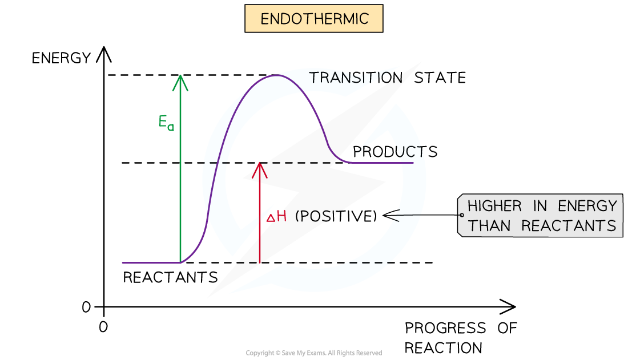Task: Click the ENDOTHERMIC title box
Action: click(x=313, y=19)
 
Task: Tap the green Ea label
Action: click(x=166, y=123)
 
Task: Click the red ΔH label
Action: click(x=276, y=216)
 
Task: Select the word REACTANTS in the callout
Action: click(x=569, y=226)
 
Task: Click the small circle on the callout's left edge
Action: click(x=461, y=215)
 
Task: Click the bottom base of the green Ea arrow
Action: click(x=180, y=262)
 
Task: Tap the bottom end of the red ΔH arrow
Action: click(x=260, y=262)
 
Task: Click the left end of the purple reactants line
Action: click(x=123, y=262)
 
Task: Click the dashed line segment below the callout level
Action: click(x=368, y=262)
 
